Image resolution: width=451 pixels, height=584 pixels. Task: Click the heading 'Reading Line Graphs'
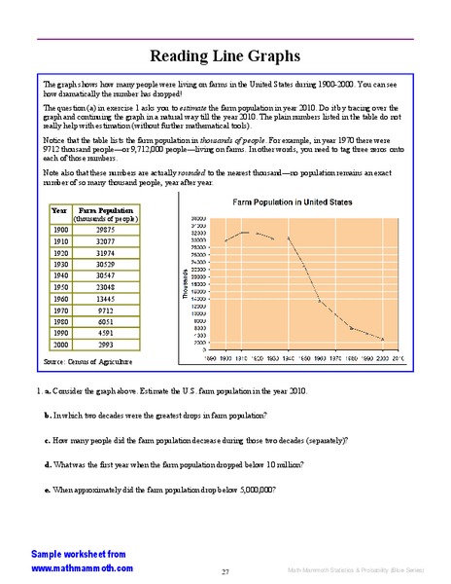coord(225,55)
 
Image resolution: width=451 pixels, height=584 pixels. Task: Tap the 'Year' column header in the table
coord(59,237)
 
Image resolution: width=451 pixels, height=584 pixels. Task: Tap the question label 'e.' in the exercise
coord(48,489)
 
